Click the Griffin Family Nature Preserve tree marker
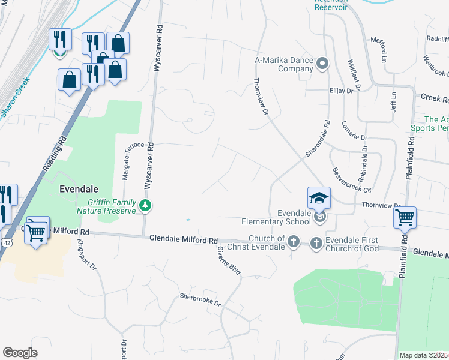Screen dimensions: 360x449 pyautogui.click(x=145, y=206)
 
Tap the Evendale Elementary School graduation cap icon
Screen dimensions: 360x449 pyautogui.click(x=319, y=198)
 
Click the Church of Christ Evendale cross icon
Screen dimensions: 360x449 pyautogui.click(x=293, y=242)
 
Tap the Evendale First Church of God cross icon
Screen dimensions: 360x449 pyautogui.click(x=316, y=243)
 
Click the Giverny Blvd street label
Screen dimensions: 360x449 pyautogui.click(x=229, y=260)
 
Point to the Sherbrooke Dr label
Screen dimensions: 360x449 pyautogui.click(x=200, y=300)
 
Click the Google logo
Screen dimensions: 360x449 pyautogui.click(x=20, y=352)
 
